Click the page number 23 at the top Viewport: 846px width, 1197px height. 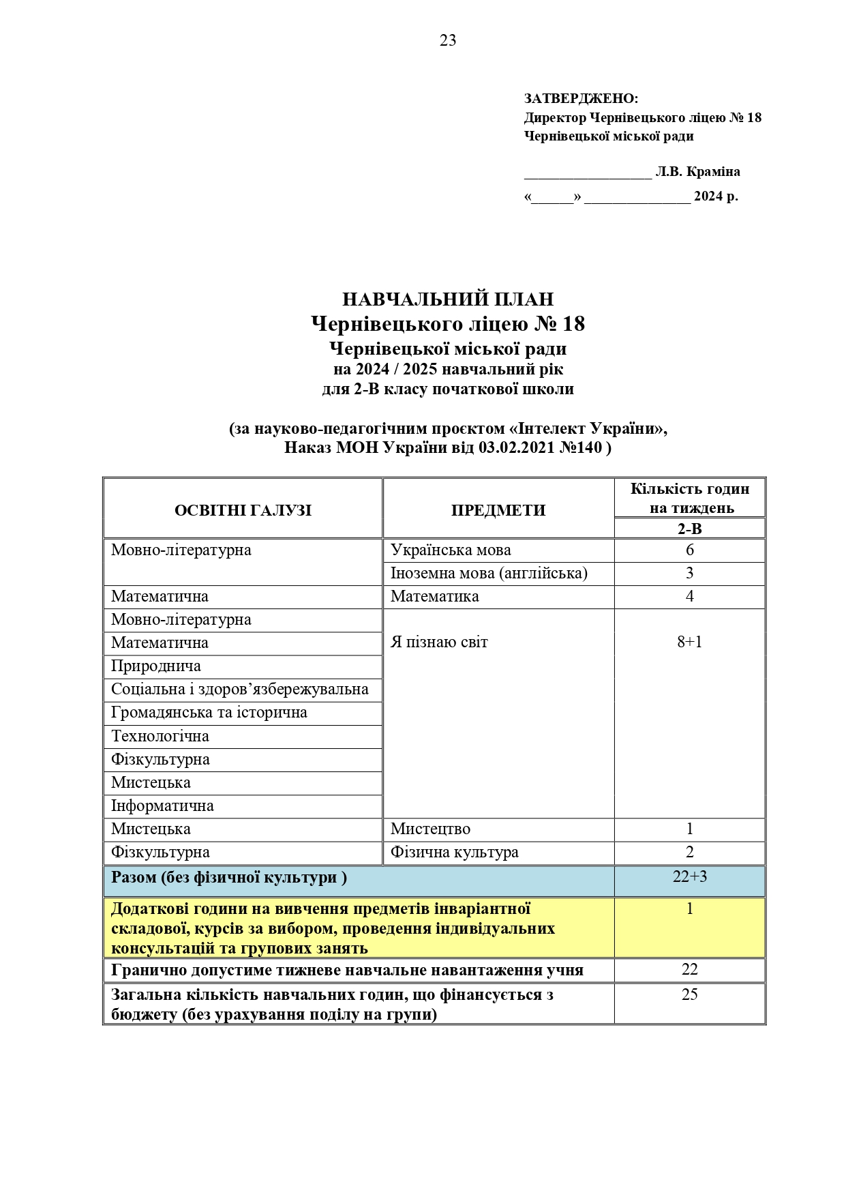point(448,41)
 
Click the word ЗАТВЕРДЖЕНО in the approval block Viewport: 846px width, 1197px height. point(580,99)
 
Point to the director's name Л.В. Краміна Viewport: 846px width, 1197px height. point(697,172)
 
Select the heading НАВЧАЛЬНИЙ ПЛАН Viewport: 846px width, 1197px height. point(448,299)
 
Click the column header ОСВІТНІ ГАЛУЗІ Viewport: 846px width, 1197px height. point(243,510)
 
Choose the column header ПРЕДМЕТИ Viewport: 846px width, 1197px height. point(498,510)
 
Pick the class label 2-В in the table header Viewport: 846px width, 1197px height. point(689,529)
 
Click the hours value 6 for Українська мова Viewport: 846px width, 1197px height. point(690,550)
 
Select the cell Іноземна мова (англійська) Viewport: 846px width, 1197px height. point(489,573)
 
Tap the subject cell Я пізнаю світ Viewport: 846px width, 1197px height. point(439,642)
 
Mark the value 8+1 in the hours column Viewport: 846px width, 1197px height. point(690,642)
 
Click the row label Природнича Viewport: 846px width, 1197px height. point(156,666)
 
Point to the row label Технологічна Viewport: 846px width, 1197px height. point(160,737)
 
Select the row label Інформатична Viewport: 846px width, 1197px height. point(162,806)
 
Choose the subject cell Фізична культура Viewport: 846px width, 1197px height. point(454,853)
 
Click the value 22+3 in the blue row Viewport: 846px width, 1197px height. point(690,877)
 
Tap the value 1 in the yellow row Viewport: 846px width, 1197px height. point(690,909)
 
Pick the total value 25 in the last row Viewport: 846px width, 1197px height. point(690,994)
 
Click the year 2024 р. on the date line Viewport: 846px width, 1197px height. point(716,197)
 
